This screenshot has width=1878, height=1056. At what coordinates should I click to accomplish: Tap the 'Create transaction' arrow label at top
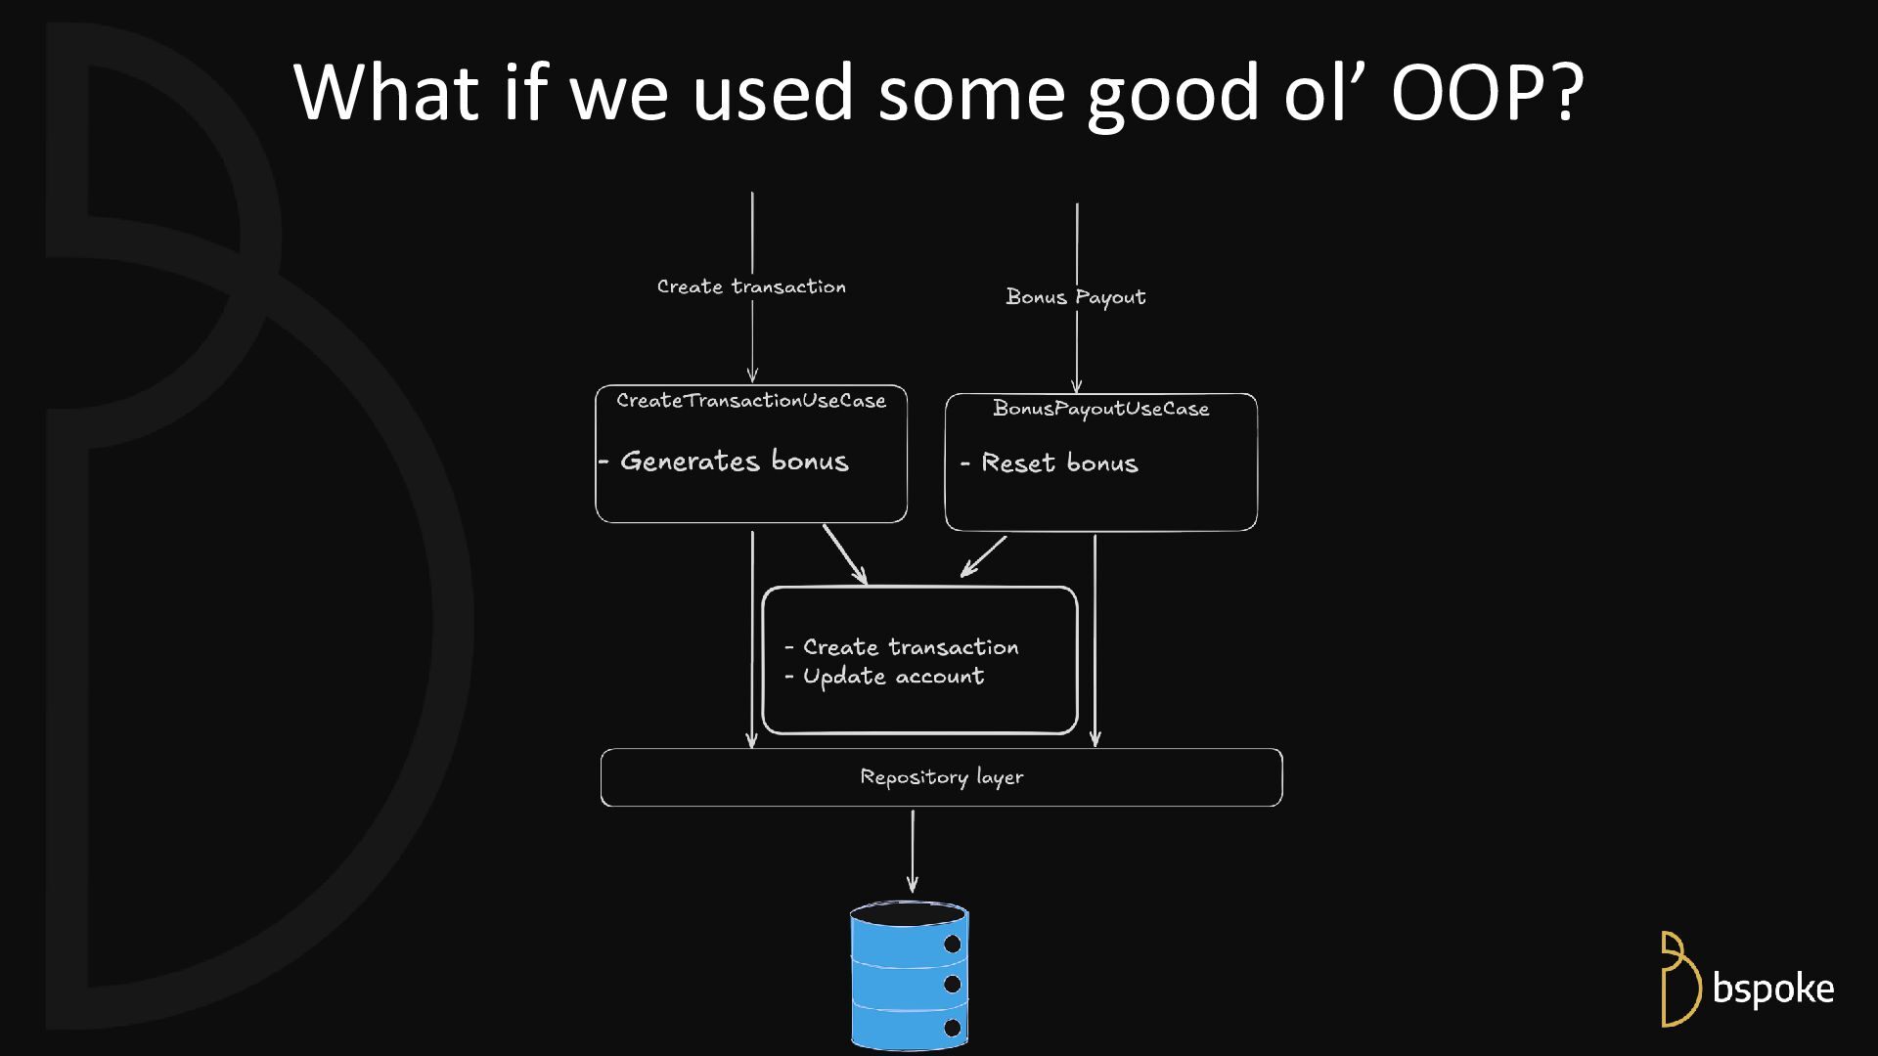[x=751, y=286]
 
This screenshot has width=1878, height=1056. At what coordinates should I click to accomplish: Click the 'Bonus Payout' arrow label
[x=1075, y=297]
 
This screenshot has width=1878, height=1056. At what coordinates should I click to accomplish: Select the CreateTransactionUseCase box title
[x=751, y=401]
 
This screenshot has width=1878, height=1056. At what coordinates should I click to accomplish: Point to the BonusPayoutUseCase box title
[x=1100, y=409]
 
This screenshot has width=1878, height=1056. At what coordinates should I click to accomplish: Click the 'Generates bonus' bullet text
[x=734, y=461]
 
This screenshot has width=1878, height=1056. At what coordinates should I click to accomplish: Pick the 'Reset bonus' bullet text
[x=1059, y=463]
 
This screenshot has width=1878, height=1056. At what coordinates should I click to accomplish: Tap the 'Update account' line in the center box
[x=893, y=677]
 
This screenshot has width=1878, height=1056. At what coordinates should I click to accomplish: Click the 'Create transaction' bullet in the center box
[x=910, y=647]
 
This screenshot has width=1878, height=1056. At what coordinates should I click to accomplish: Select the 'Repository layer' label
[x=941, y=777]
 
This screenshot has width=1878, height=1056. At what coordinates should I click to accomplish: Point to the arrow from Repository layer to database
[x=913, y=851]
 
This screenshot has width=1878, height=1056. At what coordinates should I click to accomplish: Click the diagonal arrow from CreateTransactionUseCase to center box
[x=845, y=554]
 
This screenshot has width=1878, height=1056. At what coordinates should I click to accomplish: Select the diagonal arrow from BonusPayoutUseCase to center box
[x=983, y=556]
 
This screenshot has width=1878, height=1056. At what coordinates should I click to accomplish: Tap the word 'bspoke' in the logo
[x=1772, y=989]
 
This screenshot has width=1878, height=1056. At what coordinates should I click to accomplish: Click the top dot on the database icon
[x=952, y=945]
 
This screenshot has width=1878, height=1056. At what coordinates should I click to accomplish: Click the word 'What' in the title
[x=385, y=93]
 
